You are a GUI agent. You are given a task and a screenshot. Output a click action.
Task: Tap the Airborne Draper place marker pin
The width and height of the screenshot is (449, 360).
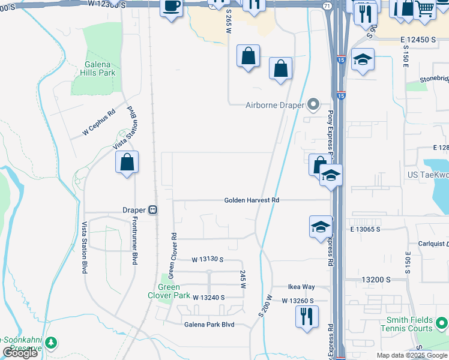(x=313, y=105)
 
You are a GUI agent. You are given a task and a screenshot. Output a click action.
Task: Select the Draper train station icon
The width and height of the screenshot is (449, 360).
(x=153, y=210)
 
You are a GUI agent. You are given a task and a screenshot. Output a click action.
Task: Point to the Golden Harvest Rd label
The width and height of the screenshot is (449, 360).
(x=252, y=200)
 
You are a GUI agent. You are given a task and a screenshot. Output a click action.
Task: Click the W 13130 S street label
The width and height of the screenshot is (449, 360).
(x=208, y=260)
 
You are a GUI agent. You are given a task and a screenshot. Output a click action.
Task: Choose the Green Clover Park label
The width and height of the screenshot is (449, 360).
(x=169, y=291)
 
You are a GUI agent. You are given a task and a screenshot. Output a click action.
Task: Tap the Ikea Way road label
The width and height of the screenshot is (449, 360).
(x=301, y=287)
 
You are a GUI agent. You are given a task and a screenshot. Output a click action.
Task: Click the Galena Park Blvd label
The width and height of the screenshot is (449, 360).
(x=209, y=325)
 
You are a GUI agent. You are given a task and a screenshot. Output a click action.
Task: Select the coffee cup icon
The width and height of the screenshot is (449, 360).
(x=172, y=7)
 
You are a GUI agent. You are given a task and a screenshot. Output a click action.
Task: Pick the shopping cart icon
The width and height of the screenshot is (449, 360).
(x=426, y=8)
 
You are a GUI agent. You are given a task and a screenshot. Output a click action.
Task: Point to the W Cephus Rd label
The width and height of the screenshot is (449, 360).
(x=99, y=122)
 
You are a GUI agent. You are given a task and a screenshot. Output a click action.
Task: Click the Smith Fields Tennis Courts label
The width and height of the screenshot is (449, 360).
(x=409, y=325)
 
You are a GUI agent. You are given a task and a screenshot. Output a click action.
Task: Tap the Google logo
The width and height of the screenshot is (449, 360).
(x=20, y=353)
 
